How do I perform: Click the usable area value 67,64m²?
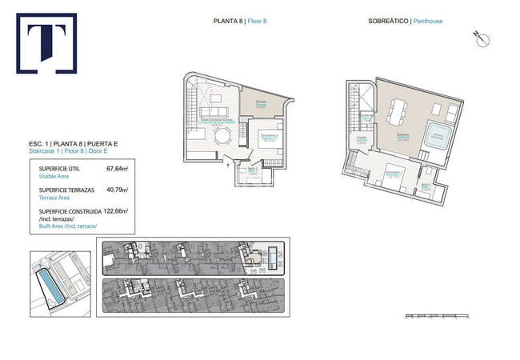click(118, 170)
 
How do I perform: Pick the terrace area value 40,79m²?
click(118, 190)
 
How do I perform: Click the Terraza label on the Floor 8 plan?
click(261, 102)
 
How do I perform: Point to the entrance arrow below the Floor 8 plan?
click(230, 166)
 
